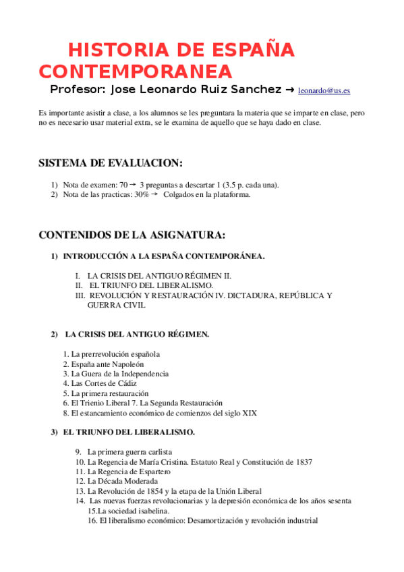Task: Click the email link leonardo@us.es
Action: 324,90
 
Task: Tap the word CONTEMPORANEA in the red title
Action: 135,71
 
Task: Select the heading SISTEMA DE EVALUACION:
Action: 111,163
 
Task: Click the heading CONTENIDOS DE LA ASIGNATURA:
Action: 132,235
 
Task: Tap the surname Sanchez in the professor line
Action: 253,90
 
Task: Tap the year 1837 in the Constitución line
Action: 302,462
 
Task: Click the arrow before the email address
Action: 290,90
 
